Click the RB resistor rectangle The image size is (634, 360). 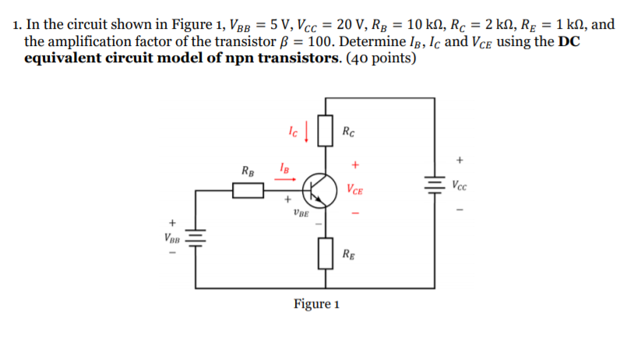tap(248, 188)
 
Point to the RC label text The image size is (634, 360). tap(348, 130)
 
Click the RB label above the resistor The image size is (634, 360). tap(247, 170)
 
